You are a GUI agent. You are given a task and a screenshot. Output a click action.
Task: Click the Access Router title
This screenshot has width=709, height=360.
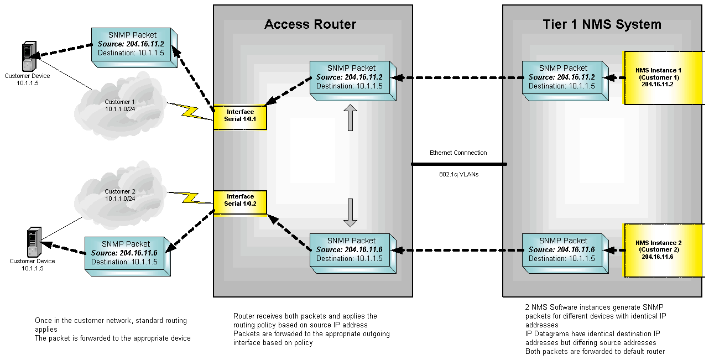point(310,24)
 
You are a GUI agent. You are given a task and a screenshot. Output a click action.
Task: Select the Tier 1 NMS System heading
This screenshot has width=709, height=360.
point(602,24)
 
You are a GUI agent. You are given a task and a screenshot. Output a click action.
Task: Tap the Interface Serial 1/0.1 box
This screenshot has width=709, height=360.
point(240,116)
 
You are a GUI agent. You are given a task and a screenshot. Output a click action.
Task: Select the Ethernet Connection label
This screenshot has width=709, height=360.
point(458,153)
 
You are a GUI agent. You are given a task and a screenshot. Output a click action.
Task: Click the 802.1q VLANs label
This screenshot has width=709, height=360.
point(458,174)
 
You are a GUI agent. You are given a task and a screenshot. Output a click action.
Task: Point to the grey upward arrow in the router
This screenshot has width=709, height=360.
point(351,117)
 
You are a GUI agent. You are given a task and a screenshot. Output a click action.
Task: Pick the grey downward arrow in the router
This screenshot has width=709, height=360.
point(351,212)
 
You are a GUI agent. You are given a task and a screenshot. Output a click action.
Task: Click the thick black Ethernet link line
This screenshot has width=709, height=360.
point(458,164)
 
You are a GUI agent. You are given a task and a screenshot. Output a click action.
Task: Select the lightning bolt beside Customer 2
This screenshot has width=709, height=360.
point(191,197)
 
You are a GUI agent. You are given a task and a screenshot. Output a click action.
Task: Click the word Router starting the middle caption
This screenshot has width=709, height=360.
point(243,316)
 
